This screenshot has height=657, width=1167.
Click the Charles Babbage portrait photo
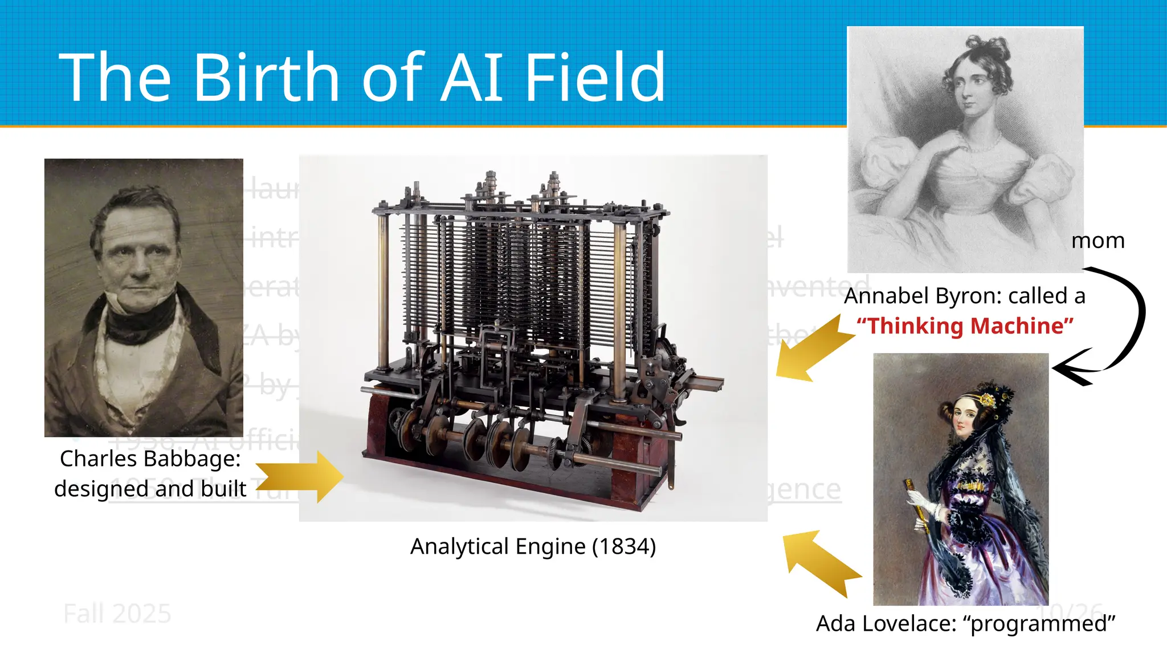(x=144, y=297)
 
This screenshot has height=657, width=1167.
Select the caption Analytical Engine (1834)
(x=533, y=546)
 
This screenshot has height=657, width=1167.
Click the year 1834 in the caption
(x=623, y=546)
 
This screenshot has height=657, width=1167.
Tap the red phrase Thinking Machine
(x=965, y=326)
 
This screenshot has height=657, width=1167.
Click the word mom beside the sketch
(x=1097, y=241)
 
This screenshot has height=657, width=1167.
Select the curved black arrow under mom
(x=1125, y=325)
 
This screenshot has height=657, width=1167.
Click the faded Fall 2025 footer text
(x=117, y=614)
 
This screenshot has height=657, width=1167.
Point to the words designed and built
(x=150, y=489)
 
